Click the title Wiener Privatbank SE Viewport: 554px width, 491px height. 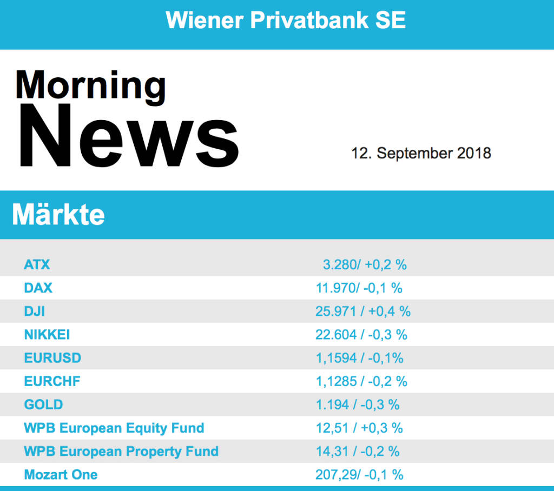coord(286,21)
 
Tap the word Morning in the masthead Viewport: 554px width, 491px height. coord(90,85)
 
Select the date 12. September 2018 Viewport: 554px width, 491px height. coord(421,153)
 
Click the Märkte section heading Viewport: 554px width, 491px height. coord(58,215)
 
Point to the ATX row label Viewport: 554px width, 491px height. coord(37,264)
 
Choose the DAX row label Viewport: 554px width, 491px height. coord(38,288)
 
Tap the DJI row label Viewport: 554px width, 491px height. coord(35,311)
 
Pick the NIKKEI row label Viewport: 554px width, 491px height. coord(47,335)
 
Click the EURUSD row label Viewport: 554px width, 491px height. coord(52,358)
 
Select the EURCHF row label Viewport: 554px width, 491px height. coord(52,381)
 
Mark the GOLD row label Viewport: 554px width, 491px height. coord(43,404)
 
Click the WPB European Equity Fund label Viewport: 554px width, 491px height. coord(114,428)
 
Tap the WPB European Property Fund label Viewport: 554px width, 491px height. coord(121,452)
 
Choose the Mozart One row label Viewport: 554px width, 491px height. coord(61,475)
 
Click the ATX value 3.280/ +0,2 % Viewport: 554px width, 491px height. coord(365,264)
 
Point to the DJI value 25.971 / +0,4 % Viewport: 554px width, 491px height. coord(363,311)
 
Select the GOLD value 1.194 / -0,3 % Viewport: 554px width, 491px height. coord(358,404)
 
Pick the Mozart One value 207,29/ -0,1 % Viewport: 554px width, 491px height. coord(359,475)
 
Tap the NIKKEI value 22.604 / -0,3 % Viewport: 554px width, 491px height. coord(361,335)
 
